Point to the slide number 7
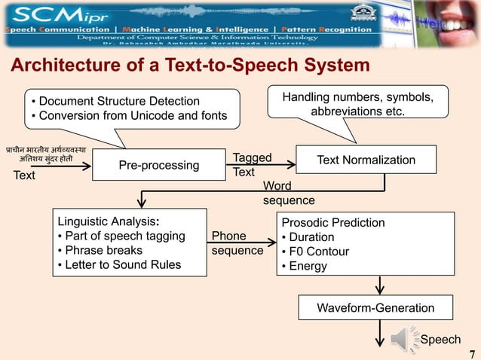(x=473, y=352)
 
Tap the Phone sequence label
(x=237, y=243)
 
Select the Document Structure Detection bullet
(x=115, y=102)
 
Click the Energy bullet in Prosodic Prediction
(x=304, y=266)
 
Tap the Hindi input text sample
(x=47, y=154)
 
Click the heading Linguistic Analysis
(x=108, y=221)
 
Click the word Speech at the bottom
(x=440, y=340)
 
